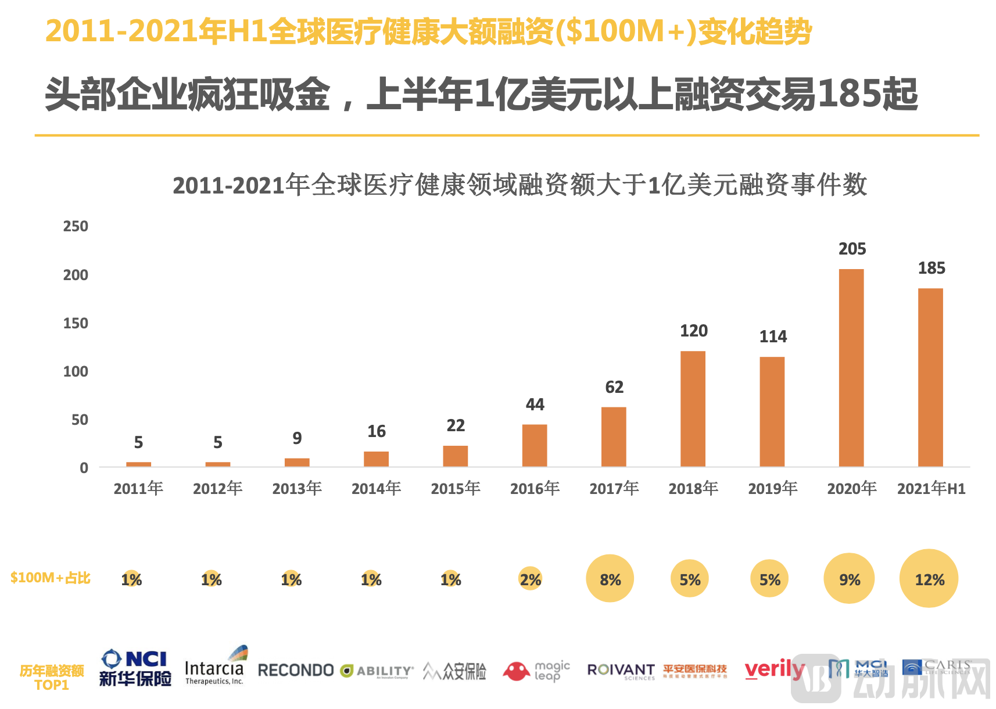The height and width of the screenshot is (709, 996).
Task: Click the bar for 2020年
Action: tap(851, 367)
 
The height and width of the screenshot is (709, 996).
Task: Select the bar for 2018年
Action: tap(693, 409)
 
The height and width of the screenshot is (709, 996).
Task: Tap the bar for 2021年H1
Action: tap(930, 377)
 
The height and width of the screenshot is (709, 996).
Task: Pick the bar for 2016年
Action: tap(535, 445)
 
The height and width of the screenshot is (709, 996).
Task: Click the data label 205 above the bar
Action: tap(852, 249)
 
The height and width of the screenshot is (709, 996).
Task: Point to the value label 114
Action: tap(773, 337)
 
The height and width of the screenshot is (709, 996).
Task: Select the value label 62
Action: tap(614, 388)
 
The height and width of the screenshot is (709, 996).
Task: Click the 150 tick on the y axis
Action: tap(76, 324)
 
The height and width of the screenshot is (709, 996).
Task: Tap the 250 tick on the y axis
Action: tap(76, 227)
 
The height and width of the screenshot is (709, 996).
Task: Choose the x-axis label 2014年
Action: tap(376, 489)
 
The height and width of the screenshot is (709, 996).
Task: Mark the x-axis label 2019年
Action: tap(772, 489)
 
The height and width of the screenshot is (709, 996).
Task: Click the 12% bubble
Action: tap(929, 579)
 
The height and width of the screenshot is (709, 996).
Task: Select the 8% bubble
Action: tap(610, 579)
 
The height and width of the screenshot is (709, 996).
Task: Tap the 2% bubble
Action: tap(530, 579)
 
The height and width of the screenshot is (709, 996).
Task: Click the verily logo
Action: tap(774, 670)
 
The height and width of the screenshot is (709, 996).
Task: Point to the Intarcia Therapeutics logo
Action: tap(214, 667)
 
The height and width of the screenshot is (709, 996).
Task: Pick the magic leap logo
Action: tap(536, 671)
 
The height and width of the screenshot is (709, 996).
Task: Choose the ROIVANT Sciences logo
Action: tap(621, 671)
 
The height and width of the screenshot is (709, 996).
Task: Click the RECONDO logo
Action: tap(295, 671)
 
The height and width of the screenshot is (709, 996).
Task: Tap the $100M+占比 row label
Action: tap(51, 578)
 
